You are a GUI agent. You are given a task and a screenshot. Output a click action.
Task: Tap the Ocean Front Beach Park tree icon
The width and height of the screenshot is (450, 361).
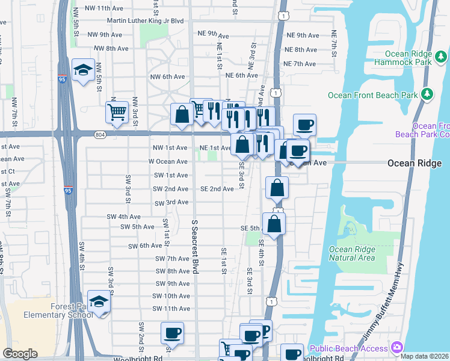pyautogui.click(x=428, y=94)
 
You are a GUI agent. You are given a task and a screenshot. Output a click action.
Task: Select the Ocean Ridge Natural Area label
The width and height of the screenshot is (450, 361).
pyautogui.click(x=352, y=253)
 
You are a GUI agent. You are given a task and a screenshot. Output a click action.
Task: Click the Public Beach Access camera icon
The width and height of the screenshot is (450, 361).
pyautogui.click(x=396, y=347)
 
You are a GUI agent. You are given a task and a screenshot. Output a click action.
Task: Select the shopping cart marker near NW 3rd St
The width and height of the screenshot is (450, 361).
pyautogui.click(x=117, y=111)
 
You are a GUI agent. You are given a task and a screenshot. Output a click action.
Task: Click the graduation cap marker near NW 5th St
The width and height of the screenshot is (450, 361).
pyautogui.click(x=83, y=69)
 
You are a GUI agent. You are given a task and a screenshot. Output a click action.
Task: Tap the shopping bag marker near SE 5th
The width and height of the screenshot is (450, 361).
pyautogui.click(x=274, y=224)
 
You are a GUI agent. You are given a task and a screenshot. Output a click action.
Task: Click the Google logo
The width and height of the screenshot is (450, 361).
pyautogui.click(x=20, y=354)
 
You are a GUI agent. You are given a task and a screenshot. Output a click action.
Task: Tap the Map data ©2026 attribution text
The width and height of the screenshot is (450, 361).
pyautogui.click(x=424, y=356)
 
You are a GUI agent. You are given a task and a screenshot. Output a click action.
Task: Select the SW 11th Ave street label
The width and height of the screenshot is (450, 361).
pyautogui.click(x=171, y=309)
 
